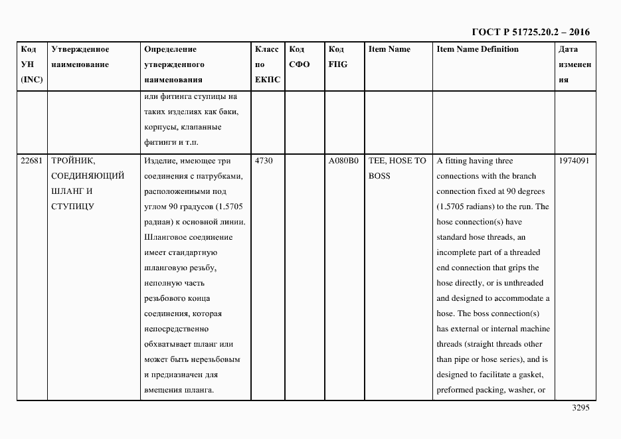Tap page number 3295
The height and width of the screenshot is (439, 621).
tap(580, 408)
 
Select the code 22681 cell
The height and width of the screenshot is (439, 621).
tap(31, 161)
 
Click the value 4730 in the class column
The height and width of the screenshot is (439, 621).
tap(264, 161)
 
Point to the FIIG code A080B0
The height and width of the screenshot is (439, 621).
tap(343, 161)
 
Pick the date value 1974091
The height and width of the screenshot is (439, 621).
tap(574, 161)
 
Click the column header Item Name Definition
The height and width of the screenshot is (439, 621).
tap(478, 49)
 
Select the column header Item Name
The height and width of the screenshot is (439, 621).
tap(389, 49)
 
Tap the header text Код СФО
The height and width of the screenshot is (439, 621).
tap(300, 56)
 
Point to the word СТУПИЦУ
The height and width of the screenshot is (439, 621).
tap(72, 207)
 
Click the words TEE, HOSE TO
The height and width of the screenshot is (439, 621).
tap(397, 161)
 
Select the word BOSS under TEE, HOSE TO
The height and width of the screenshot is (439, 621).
tap(379, 176)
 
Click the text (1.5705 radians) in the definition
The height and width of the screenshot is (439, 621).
tap(467, 207)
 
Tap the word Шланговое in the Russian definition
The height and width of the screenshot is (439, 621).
tap(163, 237)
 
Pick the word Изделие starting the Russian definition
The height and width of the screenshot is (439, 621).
tap(159, 161)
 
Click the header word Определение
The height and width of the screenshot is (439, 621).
tap(170, 49)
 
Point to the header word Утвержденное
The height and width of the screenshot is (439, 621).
tap(80, 49)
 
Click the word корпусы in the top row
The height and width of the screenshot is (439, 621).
tap(159, 127)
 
